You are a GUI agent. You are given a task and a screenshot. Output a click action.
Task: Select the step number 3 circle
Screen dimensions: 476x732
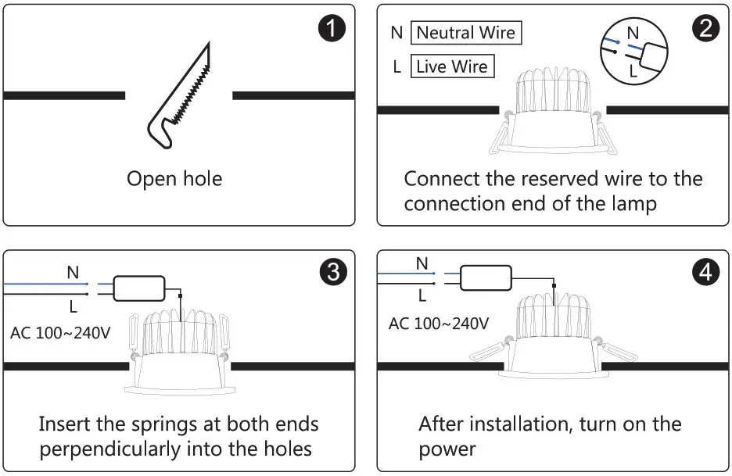click(x=332, y=272)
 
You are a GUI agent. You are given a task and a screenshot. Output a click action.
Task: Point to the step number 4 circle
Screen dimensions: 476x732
click(x=706, y=272)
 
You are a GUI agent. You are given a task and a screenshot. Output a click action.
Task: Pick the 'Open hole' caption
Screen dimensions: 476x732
click(x=174, y=179)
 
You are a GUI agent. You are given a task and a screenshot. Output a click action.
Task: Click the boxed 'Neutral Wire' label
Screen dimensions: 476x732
click(x=465, y=33)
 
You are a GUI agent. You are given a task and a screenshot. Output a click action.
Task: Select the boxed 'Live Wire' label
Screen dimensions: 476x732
click(x=452, y=67)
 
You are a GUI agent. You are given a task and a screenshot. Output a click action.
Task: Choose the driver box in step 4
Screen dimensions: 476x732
click(x=486, y=277)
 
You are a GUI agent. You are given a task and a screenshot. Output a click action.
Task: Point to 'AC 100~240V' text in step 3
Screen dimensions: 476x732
click(x=60, y=333)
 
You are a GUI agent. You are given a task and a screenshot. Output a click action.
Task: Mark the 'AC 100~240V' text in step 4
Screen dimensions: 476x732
click(x=439, y=323)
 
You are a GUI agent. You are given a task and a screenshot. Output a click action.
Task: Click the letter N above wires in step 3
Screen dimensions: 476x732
click(x=73, y=273)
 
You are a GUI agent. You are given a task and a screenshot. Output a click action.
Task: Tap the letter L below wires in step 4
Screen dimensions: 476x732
click(x=422, y=296)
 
